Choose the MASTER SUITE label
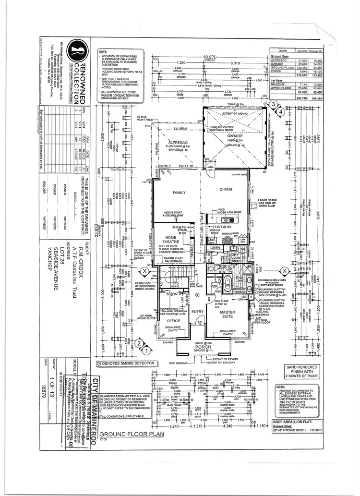tap(227, 314)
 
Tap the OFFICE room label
tap(173, 320)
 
